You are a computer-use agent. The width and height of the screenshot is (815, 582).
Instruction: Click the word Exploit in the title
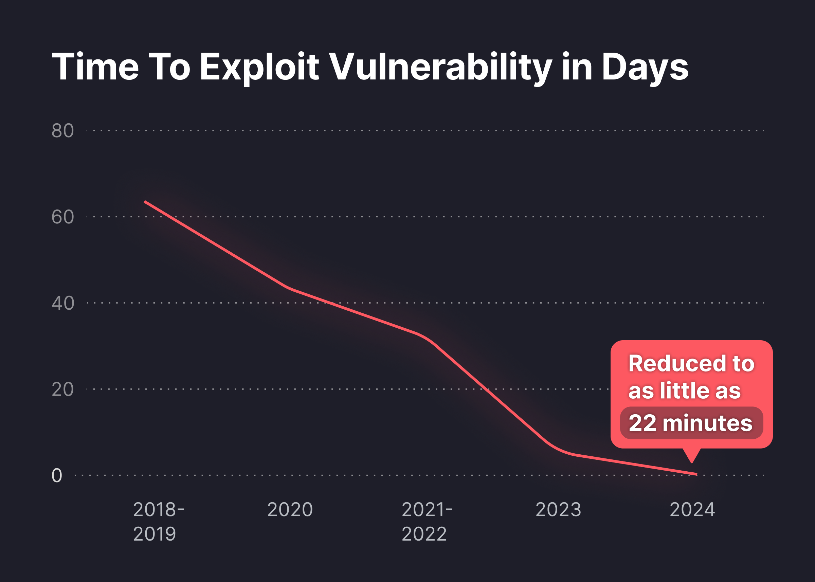(x=259, y=67)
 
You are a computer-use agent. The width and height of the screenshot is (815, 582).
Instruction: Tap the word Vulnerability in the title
(x=440, y=67)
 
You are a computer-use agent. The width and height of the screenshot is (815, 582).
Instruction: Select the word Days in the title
(x=645, y=67)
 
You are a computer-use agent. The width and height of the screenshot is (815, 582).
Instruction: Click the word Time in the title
(x=95, y=67)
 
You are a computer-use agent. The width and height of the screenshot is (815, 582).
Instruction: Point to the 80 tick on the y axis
(x=63, y=130)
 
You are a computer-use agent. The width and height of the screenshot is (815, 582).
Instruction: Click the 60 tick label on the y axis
(x=63, y=217)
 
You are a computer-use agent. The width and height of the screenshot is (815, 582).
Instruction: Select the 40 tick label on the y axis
(x=63, y=303)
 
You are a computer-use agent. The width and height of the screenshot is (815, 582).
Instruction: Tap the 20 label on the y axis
(x=63, y=389)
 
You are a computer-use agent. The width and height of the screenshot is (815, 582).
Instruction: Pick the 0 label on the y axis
(x=57, y=476)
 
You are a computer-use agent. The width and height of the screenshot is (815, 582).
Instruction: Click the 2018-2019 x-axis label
(x=158, y=522)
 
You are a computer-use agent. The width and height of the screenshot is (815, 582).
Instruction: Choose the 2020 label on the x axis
(x=290, y=509)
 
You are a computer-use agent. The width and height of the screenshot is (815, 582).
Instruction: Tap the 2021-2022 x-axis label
(x=427, y=522)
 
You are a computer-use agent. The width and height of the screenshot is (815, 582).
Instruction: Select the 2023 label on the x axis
(x=558, y=509)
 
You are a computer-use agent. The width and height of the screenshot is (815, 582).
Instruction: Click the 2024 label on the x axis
(x=692, y=509)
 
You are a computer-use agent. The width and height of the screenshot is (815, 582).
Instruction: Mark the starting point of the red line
(x=145, y=202)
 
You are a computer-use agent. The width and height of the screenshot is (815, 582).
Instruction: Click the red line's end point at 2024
(x=696, y=474)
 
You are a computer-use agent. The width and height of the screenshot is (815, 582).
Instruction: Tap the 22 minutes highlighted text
(x=690, y=423)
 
